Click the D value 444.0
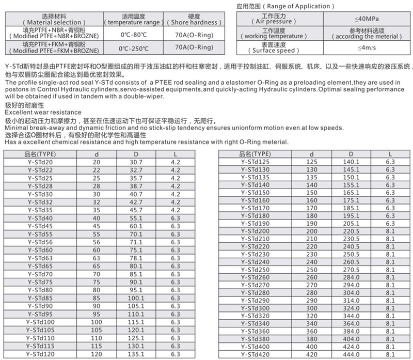point(351,355)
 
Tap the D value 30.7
point(136,163)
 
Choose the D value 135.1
point(136,355)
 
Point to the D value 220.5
point(351,231)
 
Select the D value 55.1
point(136,218)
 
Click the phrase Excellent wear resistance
point(43,112)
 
